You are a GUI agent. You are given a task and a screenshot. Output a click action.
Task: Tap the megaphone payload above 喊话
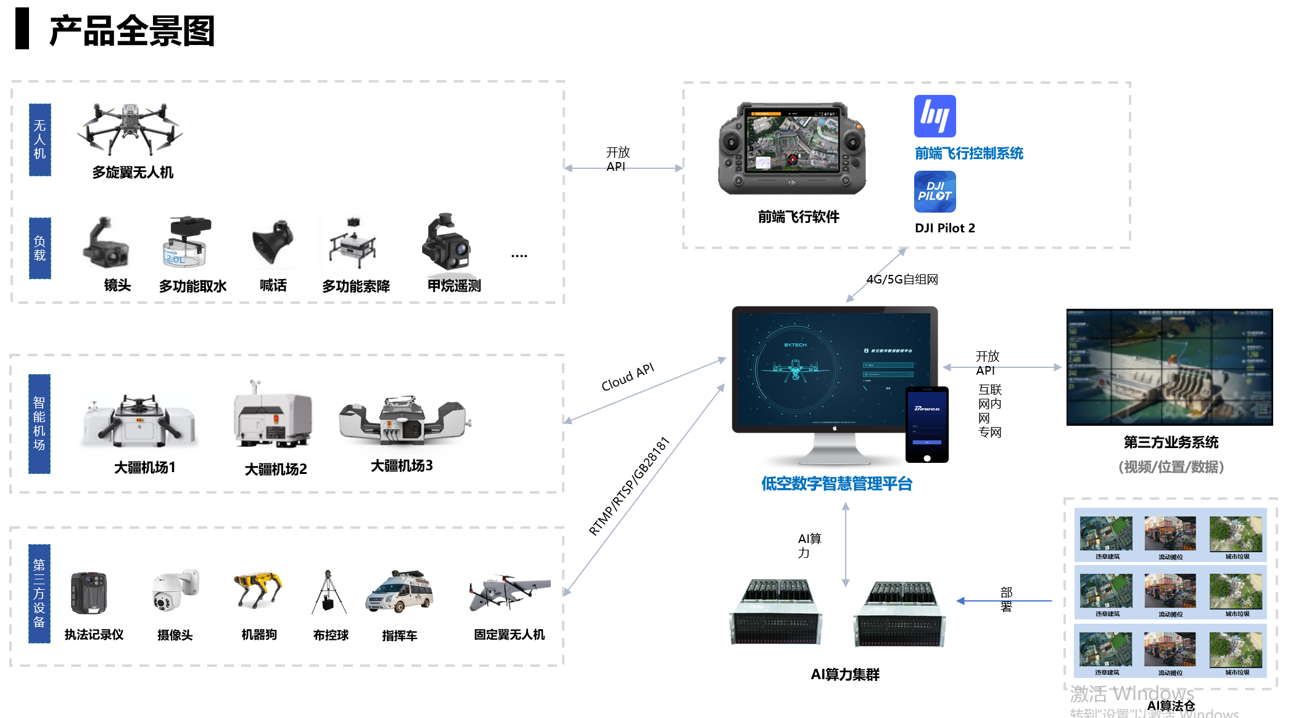tap(272, 243)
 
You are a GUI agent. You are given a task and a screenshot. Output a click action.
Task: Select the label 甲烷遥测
tap(454, 286)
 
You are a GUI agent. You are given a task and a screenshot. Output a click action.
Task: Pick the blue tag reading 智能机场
tap(39, 424)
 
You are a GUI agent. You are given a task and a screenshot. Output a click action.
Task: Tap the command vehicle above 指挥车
tap(400, 593)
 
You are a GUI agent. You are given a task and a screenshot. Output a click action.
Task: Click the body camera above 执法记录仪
tap(89, 593)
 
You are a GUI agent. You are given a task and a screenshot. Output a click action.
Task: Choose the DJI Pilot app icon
tap(935, 192)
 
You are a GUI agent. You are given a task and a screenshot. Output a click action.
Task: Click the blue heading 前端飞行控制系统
tap(968, 153)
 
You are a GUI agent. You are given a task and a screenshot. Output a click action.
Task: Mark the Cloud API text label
tap(627, 377)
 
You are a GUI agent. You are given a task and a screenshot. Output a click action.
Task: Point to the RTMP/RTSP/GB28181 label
tap(629, 487)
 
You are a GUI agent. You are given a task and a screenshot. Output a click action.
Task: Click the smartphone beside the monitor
tap(927, 425)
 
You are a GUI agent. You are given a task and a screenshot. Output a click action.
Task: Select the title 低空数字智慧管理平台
tap(836, 484)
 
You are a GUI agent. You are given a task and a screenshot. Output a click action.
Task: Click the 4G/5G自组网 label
tap(902, 279)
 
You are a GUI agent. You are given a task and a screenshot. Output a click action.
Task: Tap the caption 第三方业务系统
tap(1171, 443)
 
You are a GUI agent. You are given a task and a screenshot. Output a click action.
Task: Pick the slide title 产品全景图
tap(131, 31)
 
